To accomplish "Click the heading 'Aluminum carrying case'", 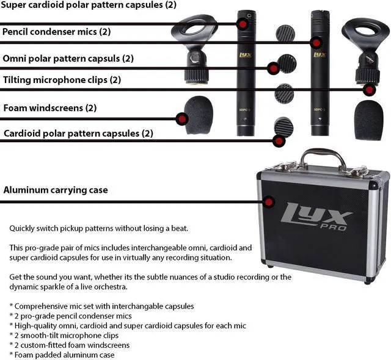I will point(56,190).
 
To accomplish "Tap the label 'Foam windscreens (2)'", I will point(50,108).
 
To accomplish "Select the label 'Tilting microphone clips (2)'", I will point(62,80).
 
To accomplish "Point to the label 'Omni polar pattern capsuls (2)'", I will point(68,59).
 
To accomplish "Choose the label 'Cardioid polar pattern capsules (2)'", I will point(78,133).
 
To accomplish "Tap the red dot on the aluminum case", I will point(269,201).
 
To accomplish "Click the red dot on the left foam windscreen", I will point(181,118).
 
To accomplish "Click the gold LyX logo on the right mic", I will point(318,54).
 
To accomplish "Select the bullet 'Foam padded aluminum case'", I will point(61,355).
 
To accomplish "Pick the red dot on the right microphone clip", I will point(368,90).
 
